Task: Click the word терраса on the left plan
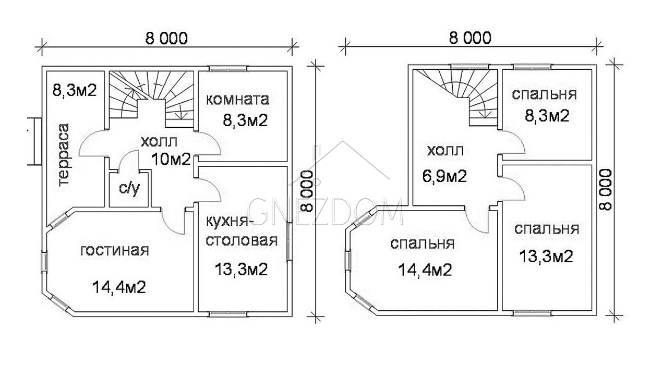(64, 155)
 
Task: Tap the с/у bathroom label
(129, 189)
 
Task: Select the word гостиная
(115, 250)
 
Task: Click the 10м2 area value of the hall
(171, 159)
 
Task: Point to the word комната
(238, 100)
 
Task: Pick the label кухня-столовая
(242, 232)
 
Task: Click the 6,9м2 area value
(444, 176)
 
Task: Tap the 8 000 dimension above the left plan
(166, 39)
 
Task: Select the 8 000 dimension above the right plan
(470, 38)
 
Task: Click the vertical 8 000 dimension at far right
(605, 189)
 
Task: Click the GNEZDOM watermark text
(325, 211)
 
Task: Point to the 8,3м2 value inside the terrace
(74, 90)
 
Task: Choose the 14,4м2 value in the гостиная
(119, 287)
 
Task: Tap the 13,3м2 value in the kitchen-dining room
(241, 269)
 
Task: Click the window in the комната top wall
(228, 68)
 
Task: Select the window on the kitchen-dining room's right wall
(288, 241)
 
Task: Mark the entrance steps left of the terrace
(34, 141)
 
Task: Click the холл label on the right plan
(446, 151)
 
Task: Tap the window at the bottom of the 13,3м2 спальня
(532, 313)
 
